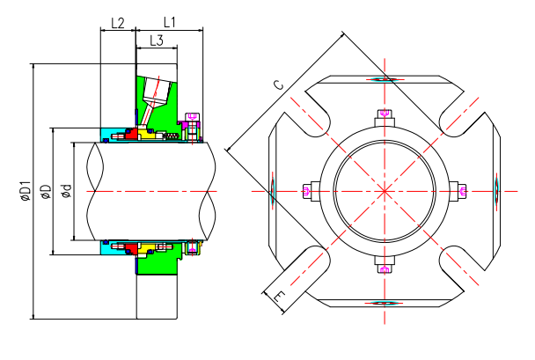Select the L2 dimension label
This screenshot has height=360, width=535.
click(117, 21)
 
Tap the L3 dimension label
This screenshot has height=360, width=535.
click(157, 40)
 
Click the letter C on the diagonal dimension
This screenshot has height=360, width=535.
click(277, 85)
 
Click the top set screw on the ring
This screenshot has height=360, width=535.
click(384, 114)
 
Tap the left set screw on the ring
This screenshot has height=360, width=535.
click(307, 190)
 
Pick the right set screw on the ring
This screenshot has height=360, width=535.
click(461, 190)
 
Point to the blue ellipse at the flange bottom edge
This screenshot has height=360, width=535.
click(384, 302)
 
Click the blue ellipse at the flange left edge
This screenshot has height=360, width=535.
click(273, 190)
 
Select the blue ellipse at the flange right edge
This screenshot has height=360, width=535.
click(495, 190)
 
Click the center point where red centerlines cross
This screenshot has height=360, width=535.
click(384, 190)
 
